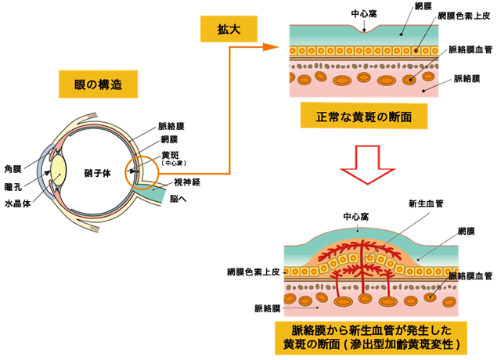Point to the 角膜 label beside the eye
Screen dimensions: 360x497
pyautogui.click(x=13, y=168)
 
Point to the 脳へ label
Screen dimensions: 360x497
pyautogui.click(x=178, y=199)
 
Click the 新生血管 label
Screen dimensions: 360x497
pyautogui.click(x=426, y=203)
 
